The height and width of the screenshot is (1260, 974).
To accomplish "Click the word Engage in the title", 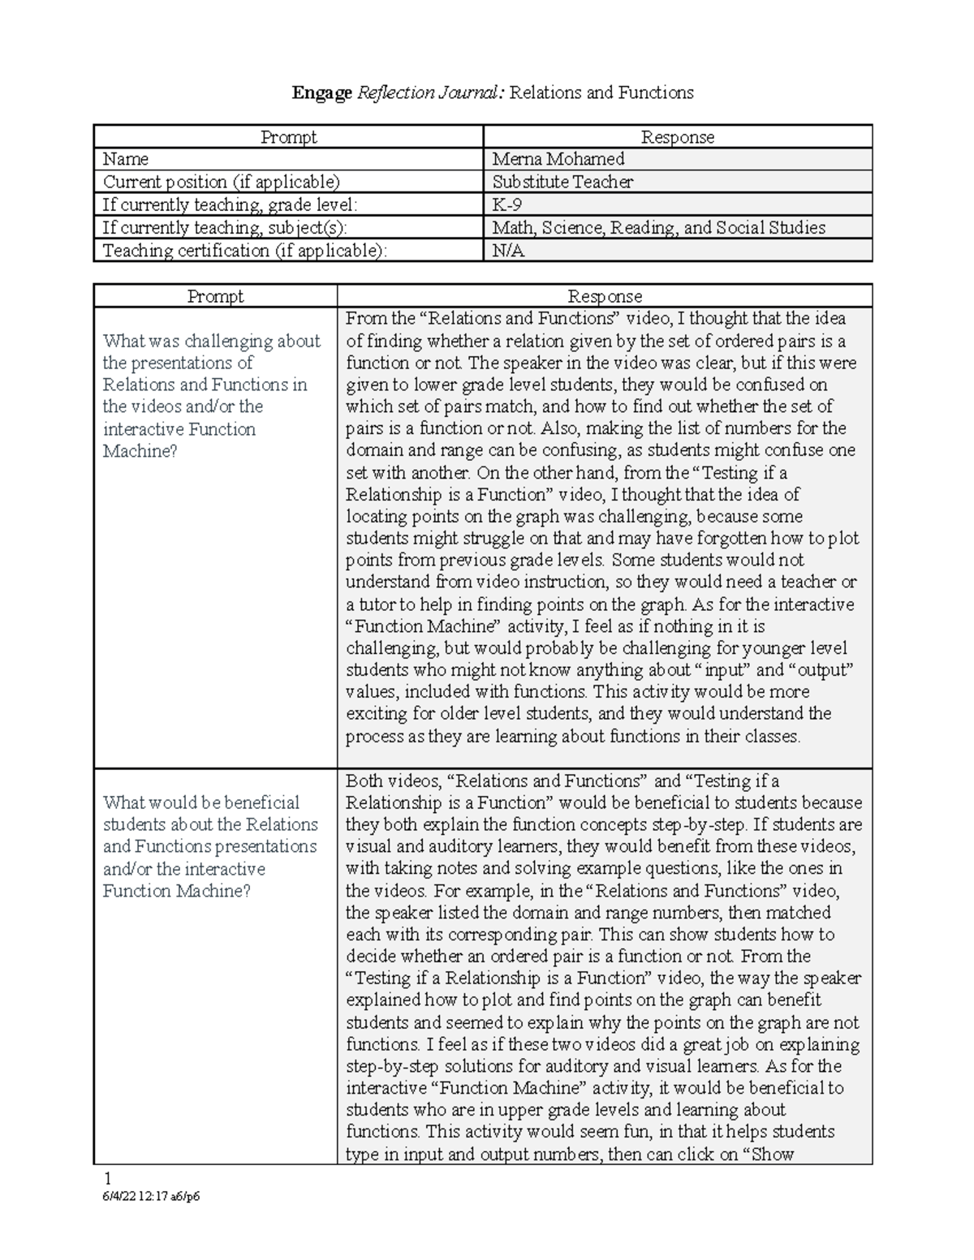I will tap(322, 93).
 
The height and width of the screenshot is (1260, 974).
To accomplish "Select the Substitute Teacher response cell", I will tap(562, 182).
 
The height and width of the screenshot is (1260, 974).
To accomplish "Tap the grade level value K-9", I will tap(507, 204).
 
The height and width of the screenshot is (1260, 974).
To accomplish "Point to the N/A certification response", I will tap(508, 251).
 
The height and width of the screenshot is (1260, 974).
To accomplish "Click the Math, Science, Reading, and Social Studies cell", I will tap(658, 228).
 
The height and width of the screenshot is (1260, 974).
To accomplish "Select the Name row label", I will tap(125, 159).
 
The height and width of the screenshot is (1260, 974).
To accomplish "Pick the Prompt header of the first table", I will tap(288, 137).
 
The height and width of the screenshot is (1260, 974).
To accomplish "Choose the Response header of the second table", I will tap(605, 296).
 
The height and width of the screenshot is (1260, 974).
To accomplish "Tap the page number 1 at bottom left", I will tap(99, 1178).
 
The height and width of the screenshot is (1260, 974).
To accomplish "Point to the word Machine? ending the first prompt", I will tap(140, 451).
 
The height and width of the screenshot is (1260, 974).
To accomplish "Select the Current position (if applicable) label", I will tap(221, 182).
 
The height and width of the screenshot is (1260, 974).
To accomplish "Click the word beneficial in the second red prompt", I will tap(261, 802).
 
